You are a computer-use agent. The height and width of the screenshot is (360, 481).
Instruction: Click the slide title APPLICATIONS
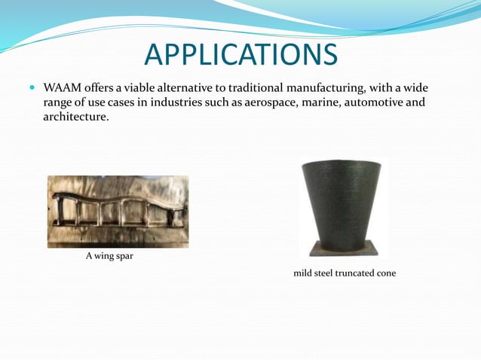pyautogui.click(x=240, y=54)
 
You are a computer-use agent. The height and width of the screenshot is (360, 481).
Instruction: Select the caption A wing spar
pyautogui.click(x=110, y=257)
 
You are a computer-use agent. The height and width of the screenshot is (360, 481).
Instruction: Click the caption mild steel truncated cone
pyautogui.click(x=344, y=273)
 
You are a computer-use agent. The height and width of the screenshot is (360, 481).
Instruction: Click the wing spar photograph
pyautogui.click(x=118, y=212)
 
